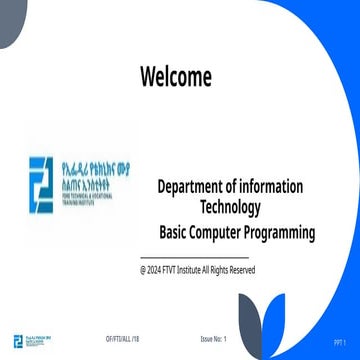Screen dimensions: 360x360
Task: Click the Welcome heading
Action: [176, 76]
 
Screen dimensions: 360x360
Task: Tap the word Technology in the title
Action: [231, 208]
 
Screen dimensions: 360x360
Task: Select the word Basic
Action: [177, 233]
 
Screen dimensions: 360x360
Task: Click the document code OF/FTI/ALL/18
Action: [122, 341]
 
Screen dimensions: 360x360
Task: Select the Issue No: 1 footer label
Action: [214, 341]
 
